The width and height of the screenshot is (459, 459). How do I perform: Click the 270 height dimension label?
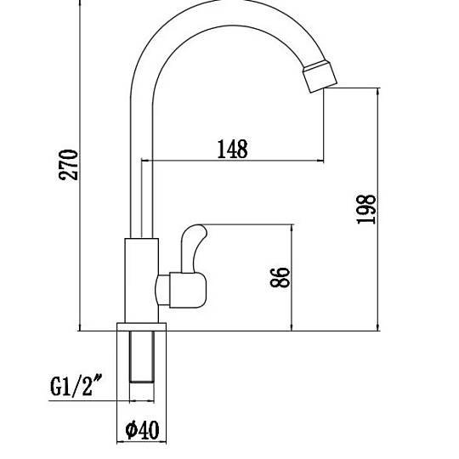coord(69,165)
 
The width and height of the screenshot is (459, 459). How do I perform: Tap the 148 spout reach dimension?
coord(232,149)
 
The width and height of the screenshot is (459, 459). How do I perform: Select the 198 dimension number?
coord(365,209)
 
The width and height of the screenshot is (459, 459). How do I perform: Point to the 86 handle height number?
coord(280,277)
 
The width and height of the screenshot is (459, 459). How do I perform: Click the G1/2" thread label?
coord(76,386)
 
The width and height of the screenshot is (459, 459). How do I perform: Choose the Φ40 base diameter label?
coord(142,430)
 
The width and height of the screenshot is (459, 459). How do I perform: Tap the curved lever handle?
coord(193,248)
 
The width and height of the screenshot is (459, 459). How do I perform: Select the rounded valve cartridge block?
coord(188,290)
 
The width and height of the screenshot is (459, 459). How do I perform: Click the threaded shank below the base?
coord(142,357)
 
